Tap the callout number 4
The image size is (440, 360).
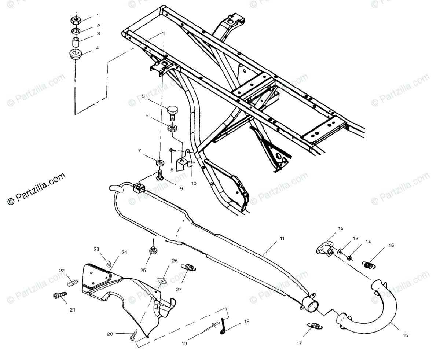pos(98,48)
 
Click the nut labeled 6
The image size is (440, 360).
pos(172,128)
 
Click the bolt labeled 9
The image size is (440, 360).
pos(160,176)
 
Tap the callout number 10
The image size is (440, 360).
pos(194,183)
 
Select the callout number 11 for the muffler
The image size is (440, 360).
pos(282,238)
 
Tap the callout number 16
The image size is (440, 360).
pos(405,335)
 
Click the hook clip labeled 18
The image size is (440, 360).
pos(224,327)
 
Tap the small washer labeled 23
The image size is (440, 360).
pos(108,263)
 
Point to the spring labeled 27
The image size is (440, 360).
pos(189,268)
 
